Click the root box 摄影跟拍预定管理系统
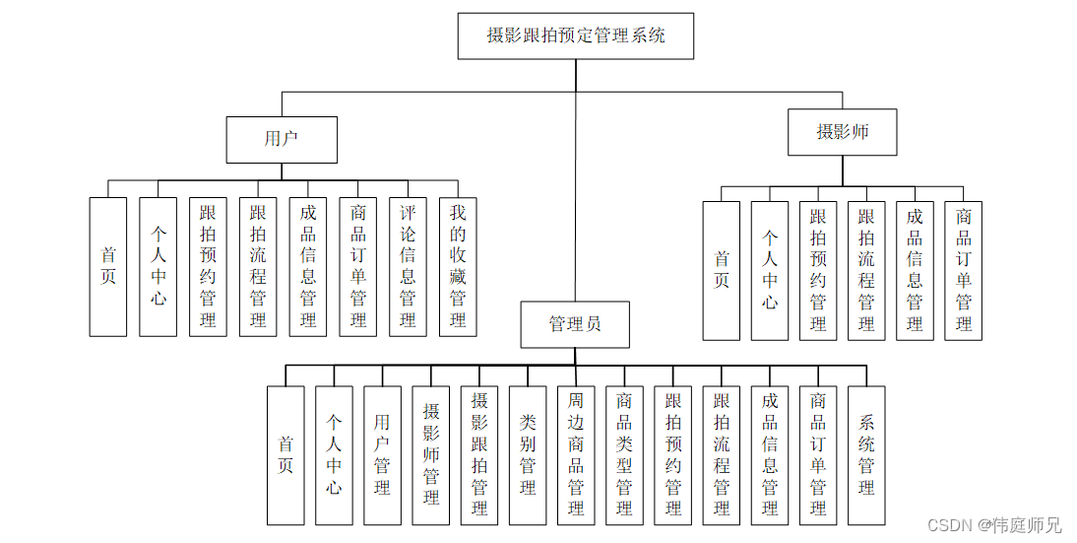(576, 36)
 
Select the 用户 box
(282, 139)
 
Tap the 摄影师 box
(842, 132)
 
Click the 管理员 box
(575, 324)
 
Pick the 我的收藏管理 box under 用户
(458, 267)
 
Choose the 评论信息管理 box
(408, 267)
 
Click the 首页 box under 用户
(108, 267)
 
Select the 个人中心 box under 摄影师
(770, 271)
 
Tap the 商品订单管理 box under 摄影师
(964, 271)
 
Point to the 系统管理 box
(866, 454)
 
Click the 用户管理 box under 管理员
(382, 454)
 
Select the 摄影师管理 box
(431, 454)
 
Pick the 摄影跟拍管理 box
(479, 454)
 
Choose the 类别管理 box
(528, 454)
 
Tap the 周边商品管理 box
(576, 454)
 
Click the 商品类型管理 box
(624, 454)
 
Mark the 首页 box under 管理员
(285, 454)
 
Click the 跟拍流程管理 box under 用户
(258, 267)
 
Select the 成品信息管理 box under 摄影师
(915, 271)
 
